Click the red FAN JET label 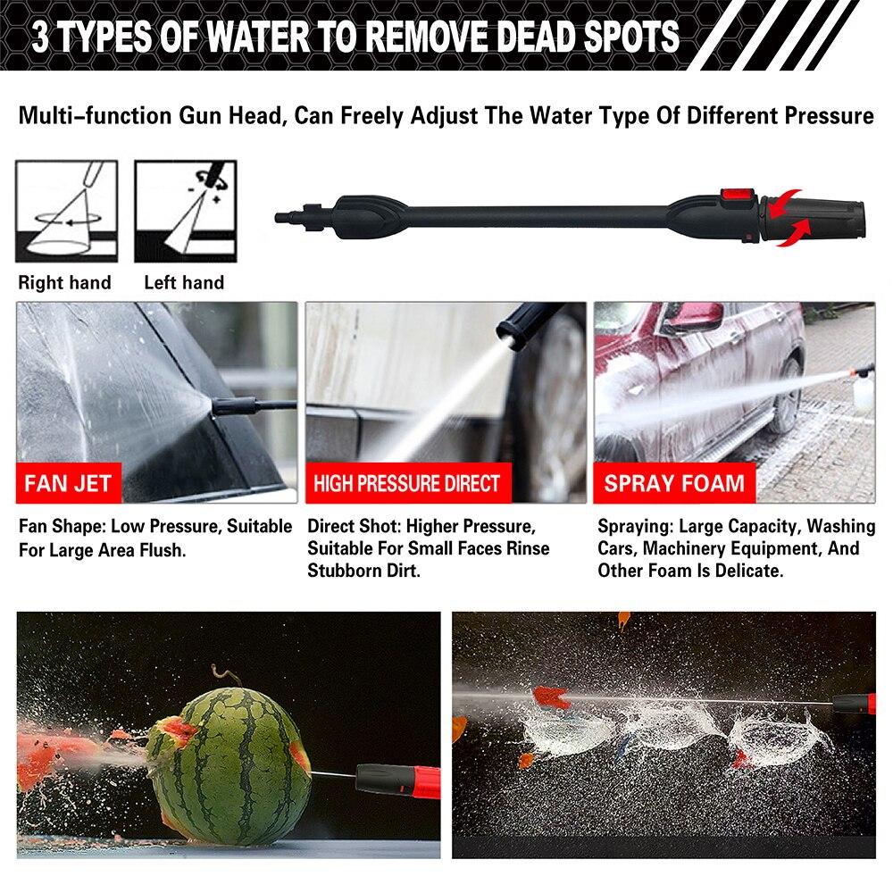click(x=69, y=483)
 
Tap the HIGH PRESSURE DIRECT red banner click(x=408, y=483)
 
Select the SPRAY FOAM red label click(x=674, y=483)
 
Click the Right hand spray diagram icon click(x=67, y=212)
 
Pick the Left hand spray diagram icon click(x=186, y=212)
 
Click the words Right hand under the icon click(x=65, y=282)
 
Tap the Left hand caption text click(x=184, y=282)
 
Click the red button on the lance click(x=737, y=196)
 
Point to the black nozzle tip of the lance click(x=815, y=219)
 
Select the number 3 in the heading click(x=40, y=37)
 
